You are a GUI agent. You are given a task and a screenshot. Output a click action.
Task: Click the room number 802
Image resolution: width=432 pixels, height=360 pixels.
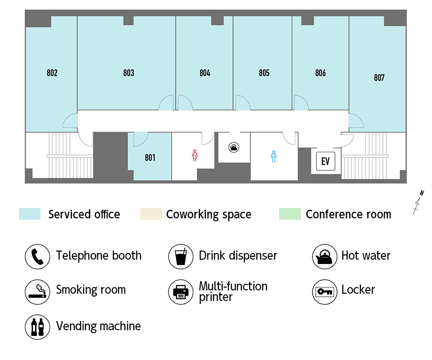52,73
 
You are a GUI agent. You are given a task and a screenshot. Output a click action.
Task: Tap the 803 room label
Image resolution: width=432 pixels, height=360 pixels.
129,73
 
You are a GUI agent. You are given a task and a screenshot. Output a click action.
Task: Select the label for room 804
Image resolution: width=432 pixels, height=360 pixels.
205,73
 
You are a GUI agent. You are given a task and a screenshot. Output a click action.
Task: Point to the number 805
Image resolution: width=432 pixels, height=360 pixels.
264,73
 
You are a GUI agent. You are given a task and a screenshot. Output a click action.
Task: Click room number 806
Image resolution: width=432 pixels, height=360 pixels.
321,73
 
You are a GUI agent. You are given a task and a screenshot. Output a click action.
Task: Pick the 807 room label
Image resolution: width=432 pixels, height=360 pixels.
379,78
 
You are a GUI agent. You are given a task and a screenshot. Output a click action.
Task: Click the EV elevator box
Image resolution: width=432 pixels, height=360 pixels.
325,161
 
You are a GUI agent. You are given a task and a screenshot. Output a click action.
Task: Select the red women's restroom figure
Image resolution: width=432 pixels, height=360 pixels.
195,156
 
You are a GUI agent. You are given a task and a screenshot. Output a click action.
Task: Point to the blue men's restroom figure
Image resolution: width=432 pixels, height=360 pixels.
274,157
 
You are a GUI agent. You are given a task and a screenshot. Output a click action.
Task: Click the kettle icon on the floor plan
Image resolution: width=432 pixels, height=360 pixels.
234,147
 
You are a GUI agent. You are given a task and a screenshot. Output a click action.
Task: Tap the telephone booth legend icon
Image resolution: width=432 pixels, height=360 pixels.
37,256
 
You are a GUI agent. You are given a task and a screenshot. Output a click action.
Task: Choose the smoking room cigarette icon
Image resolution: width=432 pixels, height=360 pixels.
37,292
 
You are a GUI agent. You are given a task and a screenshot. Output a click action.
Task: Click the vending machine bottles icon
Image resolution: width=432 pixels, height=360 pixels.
37,327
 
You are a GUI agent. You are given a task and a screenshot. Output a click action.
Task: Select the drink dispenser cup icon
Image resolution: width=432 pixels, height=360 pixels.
181,256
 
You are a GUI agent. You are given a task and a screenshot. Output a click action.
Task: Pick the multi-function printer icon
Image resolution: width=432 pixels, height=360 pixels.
181,292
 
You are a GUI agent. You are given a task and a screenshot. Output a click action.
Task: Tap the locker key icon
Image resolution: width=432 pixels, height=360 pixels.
324,292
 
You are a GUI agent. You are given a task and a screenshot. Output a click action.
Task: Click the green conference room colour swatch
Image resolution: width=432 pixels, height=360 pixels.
290,214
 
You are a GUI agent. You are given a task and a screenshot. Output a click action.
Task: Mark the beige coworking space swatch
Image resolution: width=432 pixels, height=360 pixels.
151,214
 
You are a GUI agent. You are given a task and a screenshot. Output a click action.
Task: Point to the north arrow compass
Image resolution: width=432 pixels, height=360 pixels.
418,202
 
